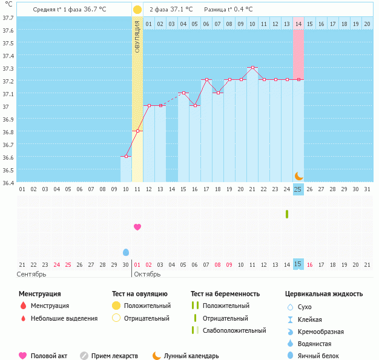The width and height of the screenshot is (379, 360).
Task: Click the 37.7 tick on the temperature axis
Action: coord(7,18)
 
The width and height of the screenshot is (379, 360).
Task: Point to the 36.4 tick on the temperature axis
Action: coord(7,182)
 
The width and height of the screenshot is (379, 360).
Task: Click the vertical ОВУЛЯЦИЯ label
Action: coord(137,36)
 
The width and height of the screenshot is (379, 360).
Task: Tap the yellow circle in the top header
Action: coord(137,10)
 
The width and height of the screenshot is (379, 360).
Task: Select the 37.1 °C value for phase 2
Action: coord(181,10)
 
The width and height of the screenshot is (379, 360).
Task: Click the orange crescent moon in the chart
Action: coord(298,175)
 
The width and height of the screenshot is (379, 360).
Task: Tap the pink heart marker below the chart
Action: coord(137,227)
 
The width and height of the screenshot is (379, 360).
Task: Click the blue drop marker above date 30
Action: coord(126,252)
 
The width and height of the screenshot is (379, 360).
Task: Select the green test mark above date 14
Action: coord(287,214)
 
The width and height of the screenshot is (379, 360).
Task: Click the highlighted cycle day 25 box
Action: coord(298,189)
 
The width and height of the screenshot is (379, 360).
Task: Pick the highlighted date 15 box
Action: coord(298,264)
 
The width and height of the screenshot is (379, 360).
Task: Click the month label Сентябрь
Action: coord(30,274)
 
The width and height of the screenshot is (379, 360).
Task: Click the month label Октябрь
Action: coord(147,274)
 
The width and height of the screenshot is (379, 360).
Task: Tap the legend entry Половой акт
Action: coord(48,356)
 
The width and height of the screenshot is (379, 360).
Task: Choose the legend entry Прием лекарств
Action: coord(114,356)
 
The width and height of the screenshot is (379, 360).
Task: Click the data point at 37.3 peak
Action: coord(252,68)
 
